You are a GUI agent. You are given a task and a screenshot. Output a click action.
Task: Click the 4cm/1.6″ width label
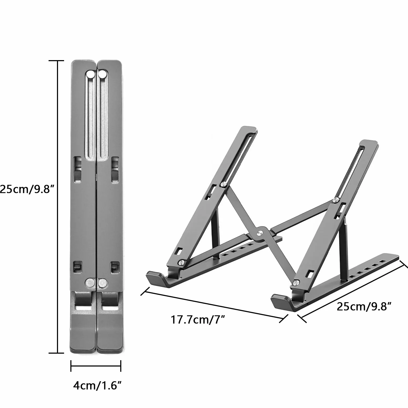click(97, 386)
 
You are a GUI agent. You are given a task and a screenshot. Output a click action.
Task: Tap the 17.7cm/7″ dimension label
click(198, 320)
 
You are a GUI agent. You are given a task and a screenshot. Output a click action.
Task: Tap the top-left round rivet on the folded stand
click(91, 74)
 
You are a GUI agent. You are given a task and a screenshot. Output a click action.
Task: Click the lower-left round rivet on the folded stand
click(90, 283)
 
